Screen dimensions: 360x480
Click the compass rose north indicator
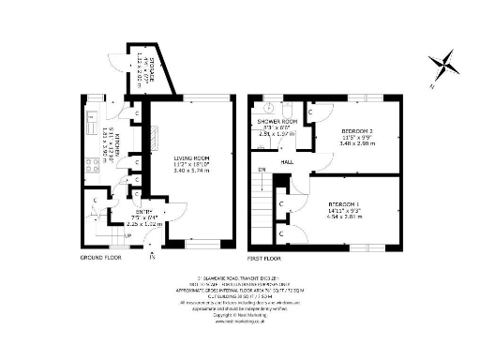(x=442, y=65)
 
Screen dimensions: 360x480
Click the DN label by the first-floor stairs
(x=262, y=170)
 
